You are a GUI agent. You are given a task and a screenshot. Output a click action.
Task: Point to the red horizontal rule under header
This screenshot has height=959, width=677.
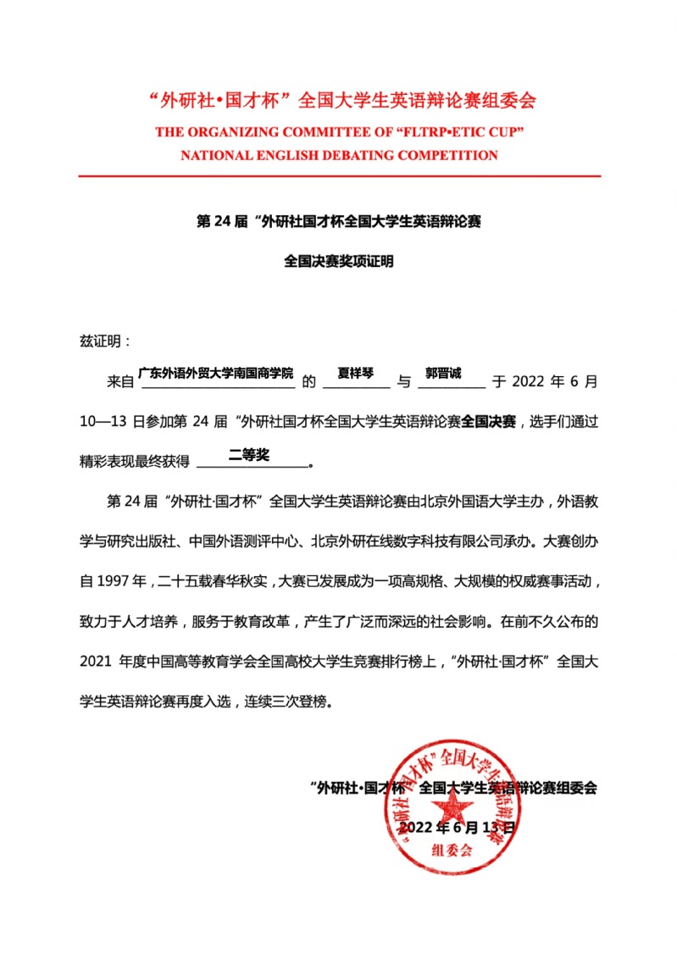(339, 175)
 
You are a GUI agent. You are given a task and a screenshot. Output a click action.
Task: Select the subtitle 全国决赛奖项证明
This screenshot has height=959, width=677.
(339, 262)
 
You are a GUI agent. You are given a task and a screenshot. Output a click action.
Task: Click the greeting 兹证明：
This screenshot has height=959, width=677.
(105, 341)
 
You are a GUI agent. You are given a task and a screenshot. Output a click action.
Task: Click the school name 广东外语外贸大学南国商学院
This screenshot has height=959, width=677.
(215, 373)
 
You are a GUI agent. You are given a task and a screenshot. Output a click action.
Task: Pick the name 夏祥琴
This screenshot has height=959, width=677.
(356, 373)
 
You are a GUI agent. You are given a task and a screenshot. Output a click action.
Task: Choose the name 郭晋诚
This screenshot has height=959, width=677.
(443, 373)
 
